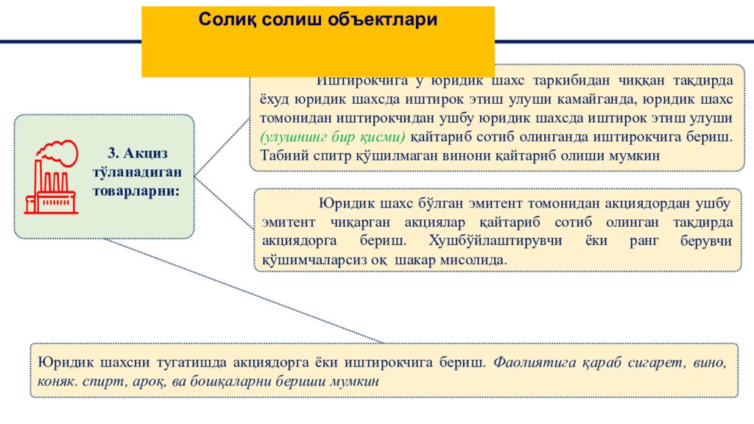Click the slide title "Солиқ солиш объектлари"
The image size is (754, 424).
pos(317,21)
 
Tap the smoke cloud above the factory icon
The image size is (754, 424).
pos(59,151)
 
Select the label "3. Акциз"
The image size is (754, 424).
pos(138,153)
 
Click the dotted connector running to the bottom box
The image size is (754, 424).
pos(243,291)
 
